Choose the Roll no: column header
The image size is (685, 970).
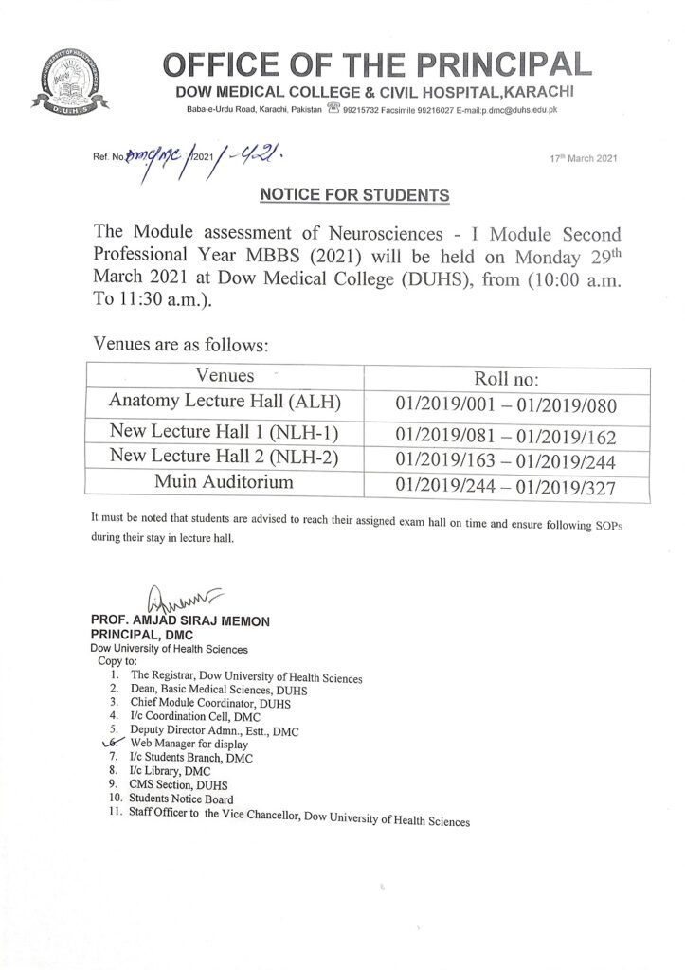pyautogui.click(x=506, y=378)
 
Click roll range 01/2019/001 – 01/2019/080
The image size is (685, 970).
pyautogui.click(x=506, y=406)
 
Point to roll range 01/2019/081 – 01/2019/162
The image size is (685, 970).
pyautogui.click(x=506, y=437)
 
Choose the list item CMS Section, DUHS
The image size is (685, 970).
pyautogui.click(x=178, y=785)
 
